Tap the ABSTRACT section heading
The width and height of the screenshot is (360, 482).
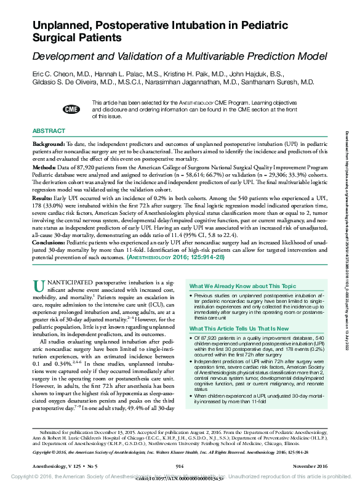coord(49,132)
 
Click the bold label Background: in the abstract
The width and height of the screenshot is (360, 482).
coord(52,143)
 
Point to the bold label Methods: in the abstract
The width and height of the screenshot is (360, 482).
coord(47,167)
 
